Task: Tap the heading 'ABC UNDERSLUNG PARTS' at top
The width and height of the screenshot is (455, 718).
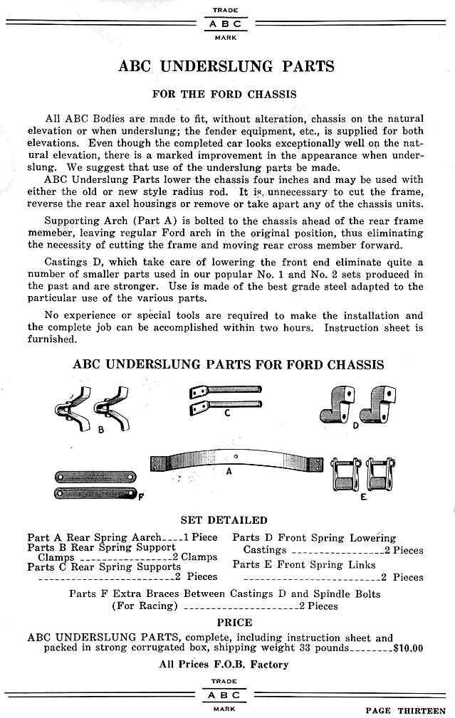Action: [226, 66]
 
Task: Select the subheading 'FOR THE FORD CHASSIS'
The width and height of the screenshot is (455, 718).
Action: [224, 94]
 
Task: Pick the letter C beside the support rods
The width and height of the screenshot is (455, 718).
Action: [226, 411]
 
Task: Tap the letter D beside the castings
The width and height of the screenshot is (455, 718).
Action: [354, 425]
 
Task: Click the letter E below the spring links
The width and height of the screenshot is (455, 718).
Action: [363, 496]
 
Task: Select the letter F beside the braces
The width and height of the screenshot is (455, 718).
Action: [141, 496]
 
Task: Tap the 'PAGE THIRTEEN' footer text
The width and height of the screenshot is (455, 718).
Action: [405, 709]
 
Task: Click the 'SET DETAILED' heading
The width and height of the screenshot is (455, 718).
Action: [224, 520]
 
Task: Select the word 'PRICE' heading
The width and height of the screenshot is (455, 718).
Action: [234, 622]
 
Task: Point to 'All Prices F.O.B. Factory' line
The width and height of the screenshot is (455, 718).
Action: [224, 664]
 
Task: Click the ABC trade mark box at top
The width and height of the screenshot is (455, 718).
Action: [225, 23]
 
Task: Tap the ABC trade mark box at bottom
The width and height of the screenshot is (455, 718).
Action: [225, 695]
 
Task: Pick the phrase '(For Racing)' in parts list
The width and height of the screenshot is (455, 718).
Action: [144, 606]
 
